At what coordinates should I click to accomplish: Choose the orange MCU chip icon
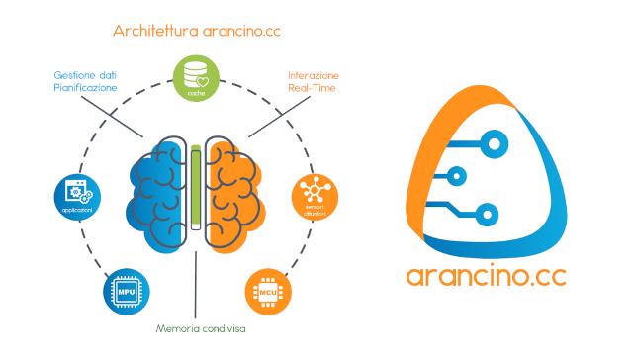[x=266, y=293]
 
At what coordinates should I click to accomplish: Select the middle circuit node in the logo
[x=456, y=179]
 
